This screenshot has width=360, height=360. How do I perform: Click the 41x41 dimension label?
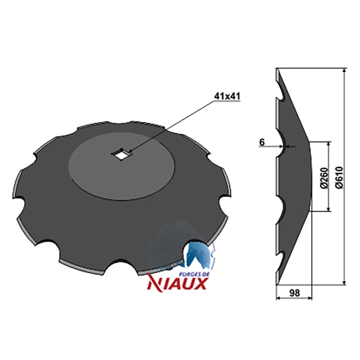pyautogui.click(x=227, y=96)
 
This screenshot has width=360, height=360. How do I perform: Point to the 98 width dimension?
pyautogui.click(x=294, y=293)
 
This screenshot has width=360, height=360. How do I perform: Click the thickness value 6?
pyautogui.click(x=262, y=142)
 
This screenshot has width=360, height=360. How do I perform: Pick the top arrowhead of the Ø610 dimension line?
pyautogui.click(x=344, y=70)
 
